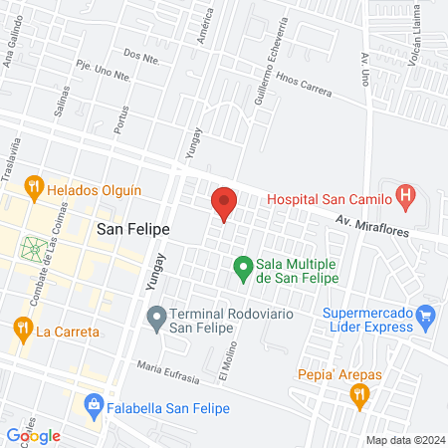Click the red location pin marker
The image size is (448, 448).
224,204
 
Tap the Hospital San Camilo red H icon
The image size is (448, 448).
405,196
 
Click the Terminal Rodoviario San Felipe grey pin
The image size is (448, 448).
155,319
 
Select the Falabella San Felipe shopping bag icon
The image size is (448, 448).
94,404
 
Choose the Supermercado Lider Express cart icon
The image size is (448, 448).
426,320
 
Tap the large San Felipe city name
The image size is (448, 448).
132,229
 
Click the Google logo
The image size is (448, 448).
33,435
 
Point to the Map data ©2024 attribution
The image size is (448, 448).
404,439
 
